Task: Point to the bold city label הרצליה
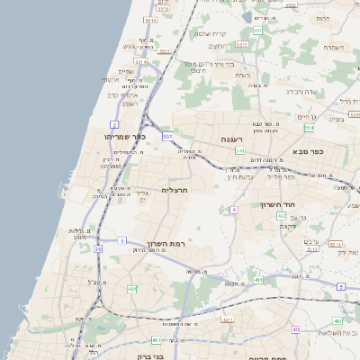click(x=174, y=190)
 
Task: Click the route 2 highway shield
click(x=114, y=123)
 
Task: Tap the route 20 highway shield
click(x=97, y=247)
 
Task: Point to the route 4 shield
click(x=233, y=209)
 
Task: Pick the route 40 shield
click(x=295, y=329)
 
